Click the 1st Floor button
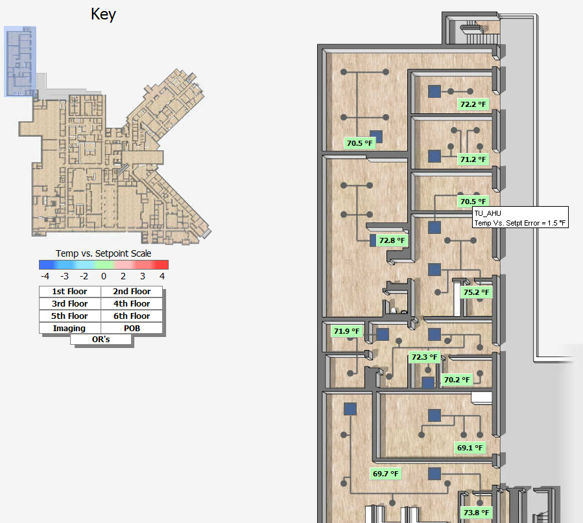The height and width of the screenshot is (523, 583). pos(70,292)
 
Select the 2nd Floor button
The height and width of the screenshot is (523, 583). pos(132,292)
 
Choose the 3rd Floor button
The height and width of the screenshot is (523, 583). pos(70,304)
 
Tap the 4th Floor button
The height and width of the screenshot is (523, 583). pos(132,304)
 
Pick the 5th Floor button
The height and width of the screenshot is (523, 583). pos(70,316)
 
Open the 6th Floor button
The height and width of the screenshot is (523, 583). pos(132,316)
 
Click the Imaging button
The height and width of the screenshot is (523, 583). pos(70,329)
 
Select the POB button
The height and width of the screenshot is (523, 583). pos(132,329)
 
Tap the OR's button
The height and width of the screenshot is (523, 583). pos(101,340)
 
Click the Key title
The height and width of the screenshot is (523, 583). pos(103,14)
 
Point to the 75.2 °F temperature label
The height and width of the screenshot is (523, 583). pos(476,292)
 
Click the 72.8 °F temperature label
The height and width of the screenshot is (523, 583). pos(392,240)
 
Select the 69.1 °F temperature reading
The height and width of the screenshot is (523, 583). pos(470,448)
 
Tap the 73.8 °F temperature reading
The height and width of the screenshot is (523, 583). pos(476,513)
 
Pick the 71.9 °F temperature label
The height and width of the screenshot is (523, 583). pos(346,331)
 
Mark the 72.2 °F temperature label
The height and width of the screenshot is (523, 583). pos(473,104)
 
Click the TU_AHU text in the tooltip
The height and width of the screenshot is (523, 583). pos(488,213)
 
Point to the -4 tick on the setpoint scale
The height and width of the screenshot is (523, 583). pos(45,276)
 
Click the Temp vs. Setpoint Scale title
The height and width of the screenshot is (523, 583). pos(103,253)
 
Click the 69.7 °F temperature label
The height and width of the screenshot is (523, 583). pos(386,474)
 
